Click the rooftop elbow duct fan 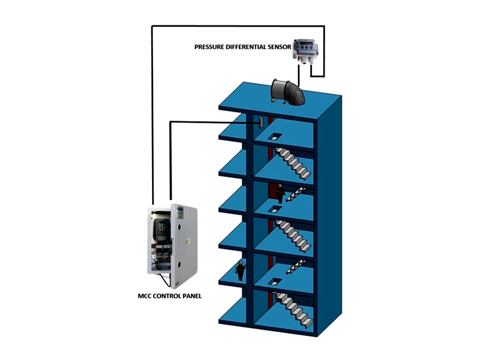coord(288,92)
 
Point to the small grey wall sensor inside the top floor coord(261,122)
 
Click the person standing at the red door coord(280,194)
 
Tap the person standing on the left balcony coord(240,270)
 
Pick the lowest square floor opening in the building coord(274,282)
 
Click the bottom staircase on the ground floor coord(295,309)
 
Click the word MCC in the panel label coord(144,296)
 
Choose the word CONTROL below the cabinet coord(166,296)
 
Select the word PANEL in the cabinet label coord(192,296)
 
